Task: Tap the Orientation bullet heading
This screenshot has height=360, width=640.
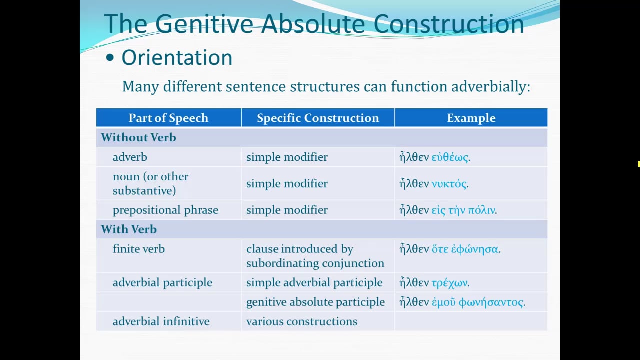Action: click(x=177, y=58)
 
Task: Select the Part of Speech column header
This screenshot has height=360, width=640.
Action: click(x=168, y=118)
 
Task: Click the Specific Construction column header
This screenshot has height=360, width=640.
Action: click(x=318, y=118)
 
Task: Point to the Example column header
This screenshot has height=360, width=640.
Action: click(x=471, y=118)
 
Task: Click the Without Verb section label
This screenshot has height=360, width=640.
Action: click(x=138, y=138)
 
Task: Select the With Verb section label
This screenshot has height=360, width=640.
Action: click(x=129, y=230)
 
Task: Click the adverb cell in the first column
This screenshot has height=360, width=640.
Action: click(x=130, y=157)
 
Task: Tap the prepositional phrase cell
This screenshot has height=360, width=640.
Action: click(x=165, y=210)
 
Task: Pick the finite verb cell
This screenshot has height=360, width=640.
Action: click(x=139, y=249)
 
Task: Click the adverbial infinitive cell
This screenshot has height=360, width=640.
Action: click(x=161, y=322)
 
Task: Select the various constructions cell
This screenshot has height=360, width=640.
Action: click(x=301, y=322)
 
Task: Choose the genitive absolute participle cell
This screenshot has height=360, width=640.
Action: click(x=315, y=302)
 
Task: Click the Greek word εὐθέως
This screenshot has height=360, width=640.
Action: click(x=450, y=157)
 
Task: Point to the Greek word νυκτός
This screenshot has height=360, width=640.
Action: click(x=449, y=184)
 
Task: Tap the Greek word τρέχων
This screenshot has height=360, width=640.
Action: click(x=449, y=283)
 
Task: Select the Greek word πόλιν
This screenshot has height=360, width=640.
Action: click(x=481, y=210)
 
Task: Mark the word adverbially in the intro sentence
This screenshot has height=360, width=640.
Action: click(x=490, y=87)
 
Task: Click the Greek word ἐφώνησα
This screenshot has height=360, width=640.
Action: click(x=475, y=249)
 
